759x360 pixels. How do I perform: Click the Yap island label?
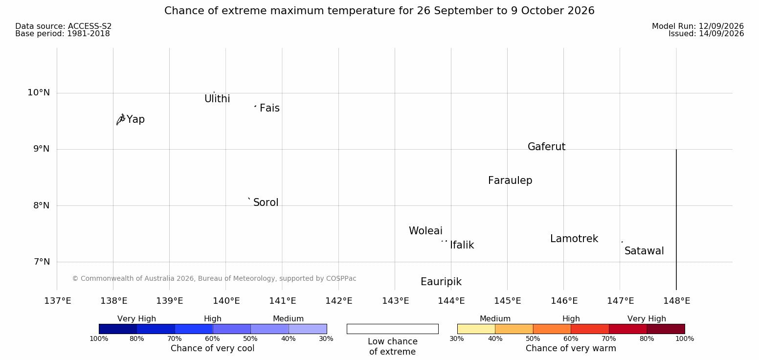pos(135,120)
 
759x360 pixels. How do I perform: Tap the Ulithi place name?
pos(217,99)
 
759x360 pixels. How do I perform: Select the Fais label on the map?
pos(270,108)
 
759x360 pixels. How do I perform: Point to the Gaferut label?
pos(547,147)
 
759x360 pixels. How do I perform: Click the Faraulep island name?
pos(510,180)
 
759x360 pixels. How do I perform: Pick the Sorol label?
pos(266,202)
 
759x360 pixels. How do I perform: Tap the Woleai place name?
pos(425,231)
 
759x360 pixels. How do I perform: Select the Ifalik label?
pos(462,245)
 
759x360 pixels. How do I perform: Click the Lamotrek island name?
pos(574,239)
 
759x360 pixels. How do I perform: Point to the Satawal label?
pos(644,251)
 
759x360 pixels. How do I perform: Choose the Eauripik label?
pos(441,282)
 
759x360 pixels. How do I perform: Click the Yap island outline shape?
pos(121,120)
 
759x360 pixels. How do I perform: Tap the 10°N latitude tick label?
pos(39,92)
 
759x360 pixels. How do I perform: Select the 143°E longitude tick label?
pos(396,301)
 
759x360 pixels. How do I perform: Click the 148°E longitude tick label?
pos(677,301)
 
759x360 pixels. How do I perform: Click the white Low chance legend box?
pos(392,329)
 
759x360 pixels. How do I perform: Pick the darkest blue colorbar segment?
pos(118,329)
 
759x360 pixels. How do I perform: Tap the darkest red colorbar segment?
pos(666,329)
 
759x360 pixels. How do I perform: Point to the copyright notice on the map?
pos(214,279)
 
